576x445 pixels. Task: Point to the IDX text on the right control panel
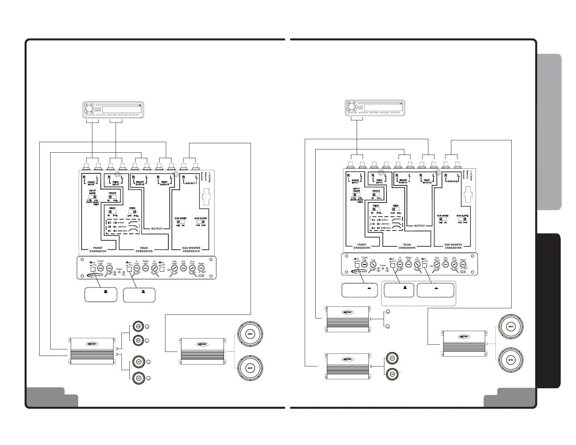click(463, 272)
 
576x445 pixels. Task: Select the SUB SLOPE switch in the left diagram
click(200, 221)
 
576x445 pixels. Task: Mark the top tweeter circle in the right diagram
click(388, 313)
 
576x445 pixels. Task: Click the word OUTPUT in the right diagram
click(419, 226)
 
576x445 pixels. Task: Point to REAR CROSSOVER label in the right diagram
click(407, 246)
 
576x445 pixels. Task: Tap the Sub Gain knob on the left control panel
click(184, 268)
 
